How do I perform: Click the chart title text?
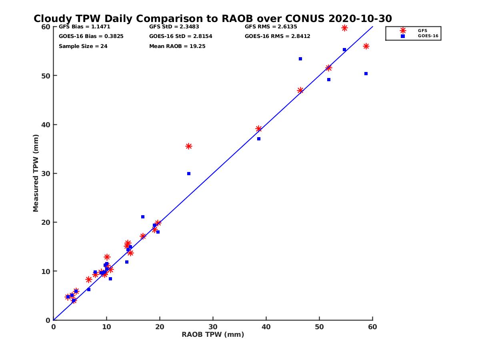(212, 19)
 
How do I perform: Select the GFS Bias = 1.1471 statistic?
(84, 27)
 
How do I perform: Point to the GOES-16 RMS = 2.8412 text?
(277, 36)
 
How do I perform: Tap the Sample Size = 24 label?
(83, 46)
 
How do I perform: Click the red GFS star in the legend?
(403, 31)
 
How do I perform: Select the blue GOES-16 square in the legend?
(403, 36)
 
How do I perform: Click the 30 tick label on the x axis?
(213, 327)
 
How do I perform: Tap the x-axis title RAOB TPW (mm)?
(213, 335)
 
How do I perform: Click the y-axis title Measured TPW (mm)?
(36, 173)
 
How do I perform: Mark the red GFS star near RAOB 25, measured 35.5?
(189, 146)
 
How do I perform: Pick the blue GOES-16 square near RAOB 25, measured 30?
(189, 174)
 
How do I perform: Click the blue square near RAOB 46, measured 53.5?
(300, 59)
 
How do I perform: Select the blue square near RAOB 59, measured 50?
(366, 74)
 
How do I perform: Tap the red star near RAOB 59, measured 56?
(366, 46)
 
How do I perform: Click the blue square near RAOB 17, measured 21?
(143, 217)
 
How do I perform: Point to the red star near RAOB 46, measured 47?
(300, 90)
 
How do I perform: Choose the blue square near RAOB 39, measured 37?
(259, 139)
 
